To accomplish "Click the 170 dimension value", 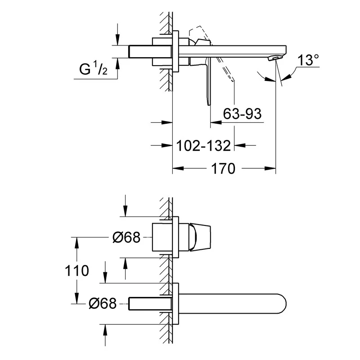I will pos(224,169).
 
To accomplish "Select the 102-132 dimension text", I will pos(203,145).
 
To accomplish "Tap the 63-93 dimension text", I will pos(242,114).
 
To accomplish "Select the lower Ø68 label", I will pos(103,304).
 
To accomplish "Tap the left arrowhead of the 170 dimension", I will pos(176,169).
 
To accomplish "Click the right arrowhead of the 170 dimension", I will pos(272,169).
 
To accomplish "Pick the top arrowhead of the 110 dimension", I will pos(77,240).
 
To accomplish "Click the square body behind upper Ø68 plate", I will pos(162,237).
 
